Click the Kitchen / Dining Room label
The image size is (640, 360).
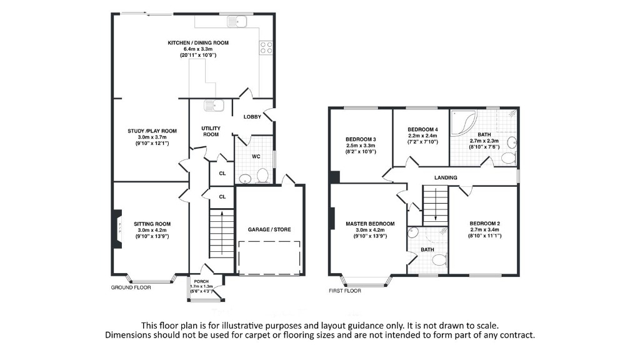[198, 43]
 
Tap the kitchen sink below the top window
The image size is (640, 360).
[239, 22]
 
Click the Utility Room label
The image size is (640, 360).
[211, 131]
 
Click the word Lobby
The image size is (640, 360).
[252, 117]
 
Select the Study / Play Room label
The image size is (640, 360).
[152, 131]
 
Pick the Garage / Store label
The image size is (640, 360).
[269, 229]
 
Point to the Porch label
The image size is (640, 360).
[202, 282]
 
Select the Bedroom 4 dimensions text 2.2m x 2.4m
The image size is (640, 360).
[422, 135]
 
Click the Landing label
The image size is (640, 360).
[446, 177]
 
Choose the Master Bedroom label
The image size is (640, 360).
[370, 224]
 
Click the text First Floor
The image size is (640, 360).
[345, 291]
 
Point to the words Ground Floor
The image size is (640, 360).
[131, 287]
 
